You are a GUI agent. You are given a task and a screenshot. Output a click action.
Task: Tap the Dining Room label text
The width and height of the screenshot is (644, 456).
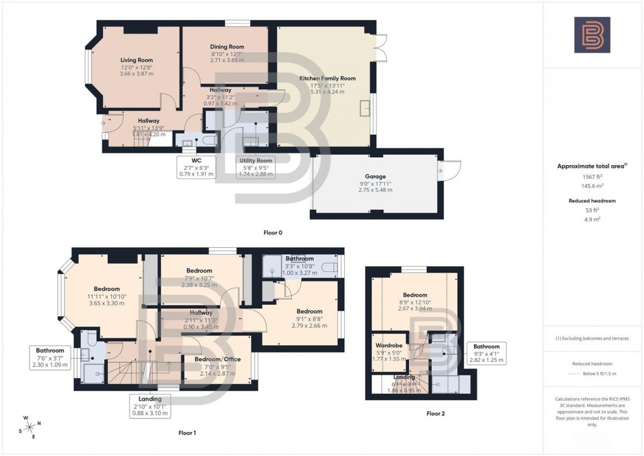coord(227,47)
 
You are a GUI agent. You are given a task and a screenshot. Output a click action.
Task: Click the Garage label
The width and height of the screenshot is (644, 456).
coord(375,176)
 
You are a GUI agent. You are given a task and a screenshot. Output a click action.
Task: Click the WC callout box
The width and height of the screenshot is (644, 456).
coord(196,167)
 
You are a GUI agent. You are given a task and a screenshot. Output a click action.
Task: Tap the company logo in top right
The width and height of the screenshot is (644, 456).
coord(592,34)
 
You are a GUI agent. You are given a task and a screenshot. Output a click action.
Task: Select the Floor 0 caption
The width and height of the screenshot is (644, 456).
coord(273,233)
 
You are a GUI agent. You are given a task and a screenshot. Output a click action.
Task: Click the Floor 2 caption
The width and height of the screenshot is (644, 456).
coord(436,414)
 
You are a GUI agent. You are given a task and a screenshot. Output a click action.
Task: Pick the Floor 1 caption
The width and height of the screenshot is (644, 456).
coord(187,433)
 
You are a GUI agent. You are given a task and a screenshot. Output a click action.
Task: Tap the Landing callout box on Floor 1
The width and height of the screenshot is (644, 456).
coord(150,406)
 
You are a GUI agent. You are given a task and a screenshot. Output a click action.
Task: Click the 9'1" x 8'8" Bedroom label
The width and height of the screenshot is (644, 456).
coord(309,311)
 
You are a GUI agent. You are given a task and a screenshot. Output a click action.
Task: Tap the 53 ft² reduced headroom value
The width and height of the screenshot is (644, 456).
coord(592,211)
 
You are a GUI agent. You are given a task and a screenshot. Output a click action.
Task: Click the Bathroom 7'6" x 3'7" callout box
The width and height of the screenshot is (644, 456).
coord(50,357)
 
